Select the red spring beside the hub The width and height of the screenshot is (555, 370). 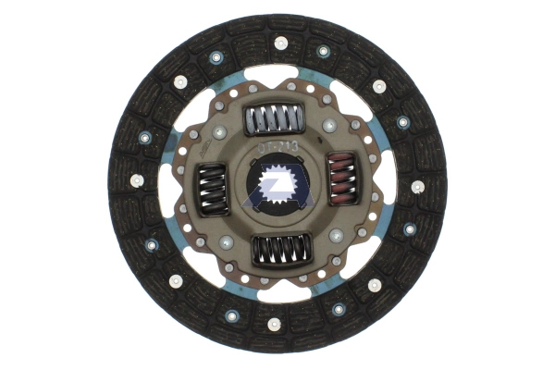click(340, 176)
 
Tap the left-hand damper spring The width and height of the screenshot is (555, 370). click(214, 190)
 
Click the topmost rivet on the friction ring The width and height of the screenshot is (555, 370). click(280, 43)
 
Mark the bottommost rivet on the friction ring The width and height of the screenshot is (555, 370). click(274, 324)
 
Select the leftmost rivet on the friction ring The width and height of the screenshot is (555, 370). click(136, 180)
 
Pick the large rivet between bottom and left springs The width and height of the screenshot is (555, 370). click(227, 241)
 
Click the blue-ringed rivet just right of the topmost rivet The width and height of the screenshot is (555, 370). click(323, 52)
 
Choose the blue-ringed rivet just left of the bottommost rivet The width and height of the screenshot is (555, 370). click(231, 315)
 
